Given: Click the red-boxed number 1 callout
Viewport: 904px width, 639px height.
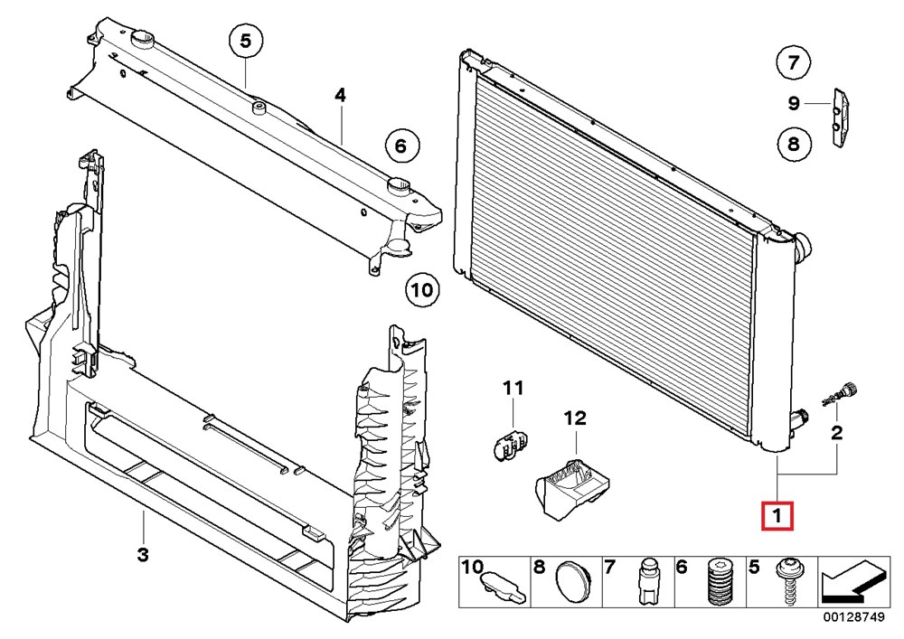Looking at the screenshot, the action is pos(777,516).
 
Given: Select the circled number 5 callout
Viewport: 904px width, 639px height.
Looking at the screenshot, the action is pos(246,42).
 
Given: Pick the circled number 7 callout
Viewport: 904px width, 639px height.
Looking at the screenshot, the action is pos(794,61).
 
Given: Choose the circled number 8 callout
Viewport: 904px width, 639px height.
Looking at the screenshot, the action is pos(794,143).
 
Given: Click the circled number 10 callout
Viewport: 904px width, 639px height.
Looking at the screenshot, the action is pos(422,289).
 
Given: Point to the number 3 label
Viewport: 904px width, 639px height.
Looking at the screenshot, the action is pos(143,555).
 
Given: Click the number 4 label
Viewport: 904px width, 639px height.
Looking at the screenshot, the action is pos(340,95).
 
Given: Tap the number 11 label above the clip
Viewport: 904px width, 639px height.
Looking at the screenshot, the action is pos(513,388).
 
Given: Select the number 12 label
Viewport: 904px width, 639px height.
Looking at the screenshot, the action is pos(575,418).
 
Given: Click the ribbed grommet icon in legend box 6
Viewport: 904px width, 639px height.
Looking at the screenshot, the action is pos(719,581).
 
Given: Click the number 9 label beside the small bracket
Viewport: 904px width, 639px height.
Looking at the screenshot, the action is pos(794,103).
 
